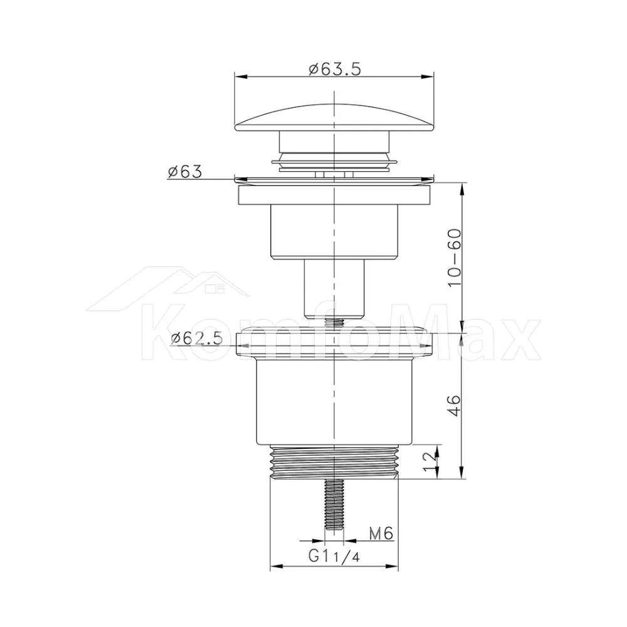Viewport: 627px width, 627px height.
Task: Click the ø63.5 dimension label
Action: pos(335,69)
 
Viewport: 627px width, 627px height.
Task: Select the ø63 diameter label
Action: pos(185,172)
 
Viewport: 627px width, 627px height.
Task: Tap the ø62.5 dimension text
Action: pos(196,339)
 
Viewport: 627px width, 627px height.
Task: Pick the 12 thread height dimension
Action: pos(429,462)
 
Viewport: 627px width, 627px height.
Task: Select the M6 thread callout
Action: pos(381,533)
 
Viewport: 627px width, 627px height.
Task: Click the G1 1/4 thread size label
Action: pos(334,556)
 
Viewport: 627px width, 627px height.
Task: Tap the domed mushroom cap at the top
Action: pos(334,118)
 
